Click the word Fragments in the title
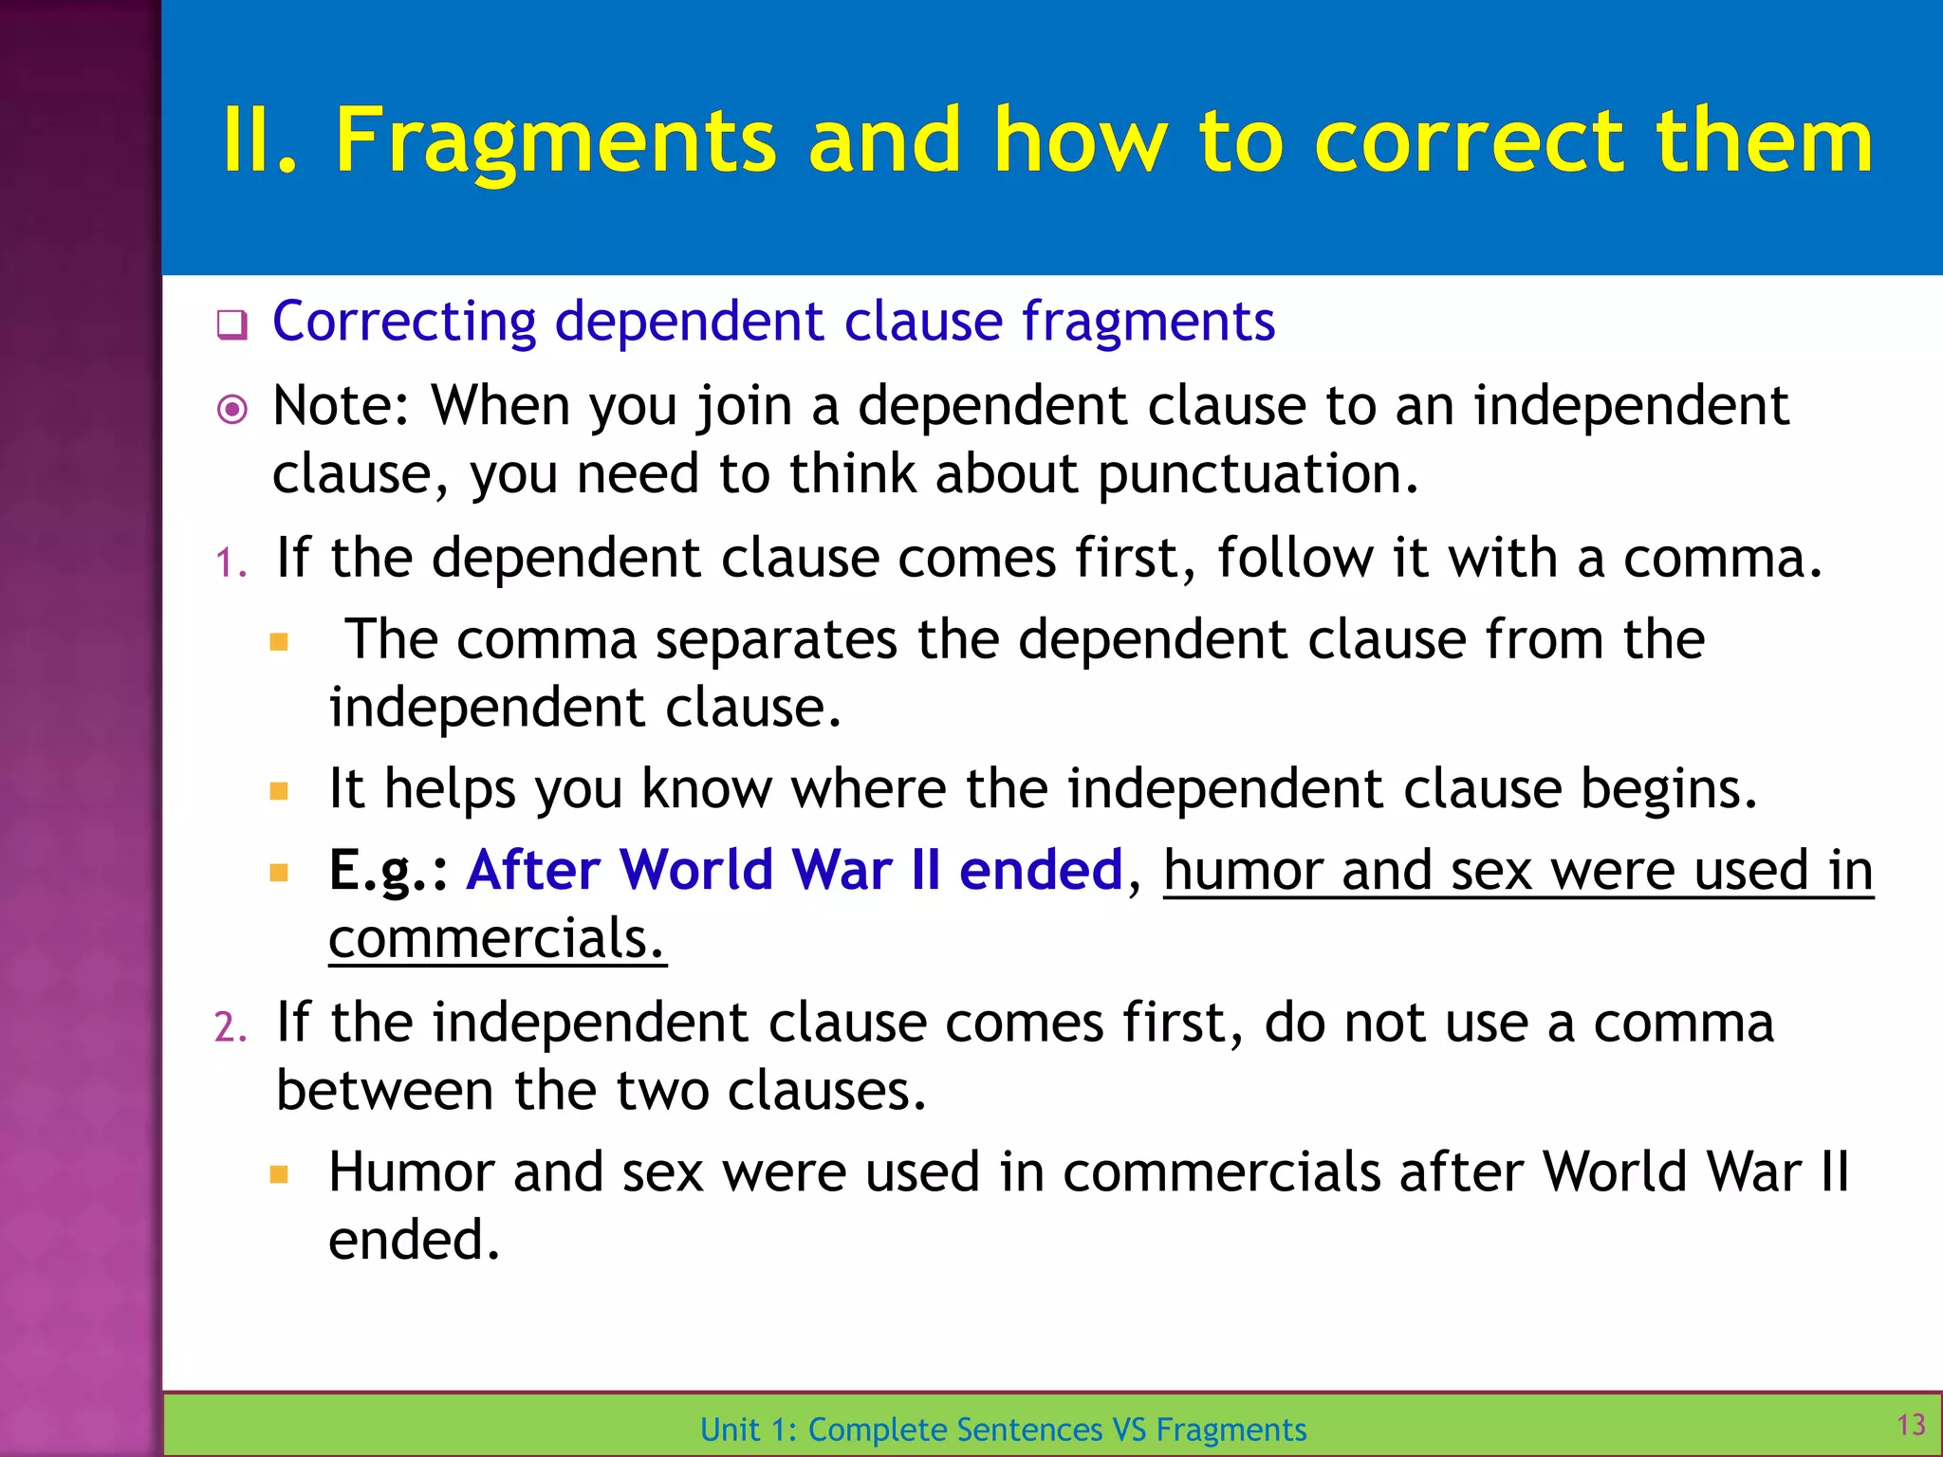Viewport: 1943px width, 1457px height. pyautogui.click(x=555, y=141)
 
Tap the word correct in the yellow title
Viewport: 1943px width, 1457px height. pyautogui.click(x=1469, y=141)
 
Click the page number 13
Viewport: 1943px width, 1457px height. pyautogui.click(x=1911, y=1424)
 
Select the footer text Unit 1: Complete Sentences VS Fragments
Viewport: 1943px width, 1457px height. pyautogui.click(x=1003, y=1429)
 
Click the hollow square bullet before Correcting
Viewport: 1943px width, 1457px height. pyautogui.click(x=231, y=324)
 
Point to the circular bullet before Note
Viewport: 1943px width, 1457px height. pyautogui.click(x=231, y=410)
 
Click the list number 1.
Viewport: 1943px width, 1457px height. pyautogui.click(x=230, y=563)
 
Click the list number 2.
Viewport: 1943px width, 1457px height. pyautogui.click(x=230, y=1027)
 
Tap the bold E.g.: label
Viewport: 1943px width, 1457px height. pyautogui.click(x=388, y=870)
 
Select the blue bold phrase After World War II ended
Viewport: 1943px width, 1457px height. pyautogui.click(x=794, y=870)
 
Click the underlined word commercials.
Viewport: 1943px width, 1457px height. pyautogui.click(x=496, y=939)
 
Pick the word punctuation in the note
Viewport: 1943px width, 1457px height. pyautogui.click(x=1257, y=473)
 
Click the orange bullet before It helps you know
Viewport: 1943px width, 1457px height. pyautogui.click(x=279, y=791)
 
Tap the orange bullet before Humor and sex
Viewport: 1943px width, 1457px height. pyautogui.click(x=279, y=1175)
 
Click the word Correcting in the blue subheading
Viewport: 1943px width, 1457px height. pyautogui.click(x=404, y=321)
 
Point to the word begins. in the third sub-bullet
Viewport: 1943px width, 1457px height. pyautogui.click(x=1668, y=788)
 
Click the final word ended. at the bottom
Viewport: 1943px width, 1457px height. pyautogui.click(x=414, y=1239)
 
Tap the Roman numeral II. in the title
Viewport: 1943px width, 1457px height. pyautogui.click(x=259, y=141)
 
